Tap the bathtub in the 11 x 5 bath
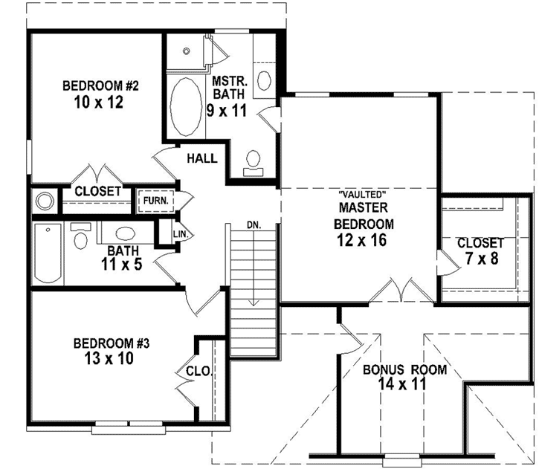coord(48,253)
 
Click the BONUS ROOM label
coord(404,370)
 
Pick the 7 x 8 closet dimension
coord(480,259)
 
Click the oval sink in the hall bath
coord(124,231)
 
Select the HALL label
coord(202,158)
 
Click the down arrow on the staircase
coord(254,297)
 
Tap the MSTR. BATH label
coord(225,88)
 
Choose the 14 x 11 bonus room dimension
coord(404,386)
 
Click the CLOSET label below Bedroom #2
coord(97,192)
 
